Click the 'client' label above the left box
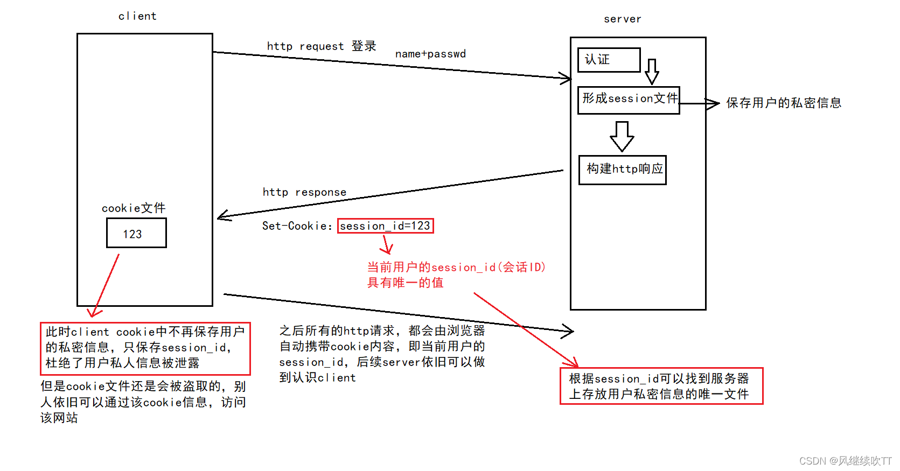[x=137, y=16]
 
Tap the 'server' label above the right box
[x=622, y=19]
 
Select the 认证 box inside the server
[x=609, y=60]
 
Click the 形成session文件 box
[x=629, y=100]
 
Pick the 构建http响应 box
[x=623, y=170]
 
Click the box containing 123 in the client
[x=136, y=233]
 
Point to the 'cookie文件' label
[x=134, y=208]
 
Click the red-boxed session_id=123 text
[x=385, y=226]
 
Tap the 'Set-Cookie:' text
[x=297, y=226]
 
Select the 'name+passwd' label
[x=430, y=54]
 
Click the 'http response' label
[x=304, y=192]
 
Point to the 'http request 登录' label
[x=322, y=46]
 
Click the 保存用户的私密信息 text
[x=784, y=103]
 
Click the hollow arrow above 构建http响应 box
[x=622, y=136]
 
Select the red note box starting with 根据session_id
[x=661, y=386]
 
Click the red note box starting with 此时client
[x=145, y=348]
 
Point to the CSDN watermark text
[x=845, y=461]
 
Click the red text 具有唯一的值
[x=405, y=283]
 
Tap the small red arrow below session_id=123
[x=386, y=245]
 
